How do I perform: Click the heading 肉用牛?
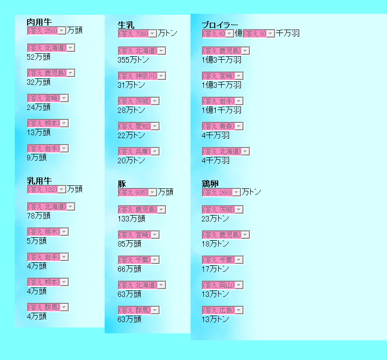click(x=39, y=22)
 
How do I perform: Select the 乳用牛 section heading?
click(x=39, y=181)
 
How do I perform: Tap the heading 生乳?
click(x=126, y=25)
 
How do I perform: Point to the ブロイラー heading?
click(x=220, y=25)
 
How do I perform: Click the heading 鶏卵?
click(x=210, y=184)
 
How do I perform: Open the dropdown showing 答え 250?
click(x=46, y=31)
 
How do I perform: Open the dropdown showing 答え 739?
click(x=137, y=34)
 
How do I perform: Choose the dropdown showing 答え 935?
click(x=137, y=192)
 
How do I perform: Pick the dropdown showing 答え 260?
click(x=221, y=192)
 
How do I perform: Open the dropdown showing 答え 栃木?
click(x=48, y=232)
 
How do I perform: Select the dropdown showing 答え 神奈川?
click(x=142, y=76)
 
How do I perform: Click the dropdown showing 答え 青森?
click(x=223, y=126)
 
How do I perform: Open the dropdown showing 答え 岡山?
click(x=223, y=285)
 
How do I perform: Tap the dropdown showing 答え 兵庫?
click(x=139, y=151)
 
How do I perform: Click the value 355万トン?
click(x=133, y=60)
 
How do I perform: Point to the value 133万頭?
click(x=131, y=218)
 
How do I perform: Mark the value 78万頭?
click(x=39, y=216)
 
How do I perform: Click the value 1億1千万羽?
click(x=222, y=110)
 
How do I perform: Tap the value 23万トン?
click(x=215, y=218)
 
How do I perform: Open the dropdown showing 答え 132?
click(x=46, y=189)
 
